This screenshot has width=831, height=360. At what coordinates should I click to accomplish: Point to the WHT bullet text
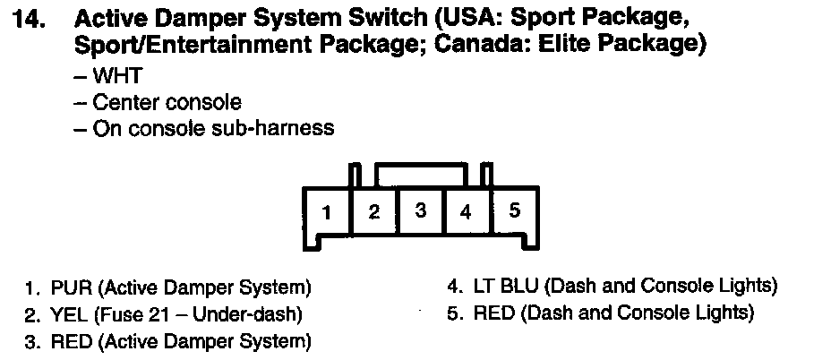click(118, 78)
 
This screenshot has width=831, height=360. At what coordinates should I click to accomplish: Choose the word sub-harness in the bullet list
click(278, 128)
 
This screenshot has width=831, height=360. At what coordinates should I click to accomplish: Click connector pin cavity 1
click(328, 213)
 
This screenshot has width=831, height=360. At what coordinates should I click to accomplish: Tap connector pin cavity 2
click(375, 212)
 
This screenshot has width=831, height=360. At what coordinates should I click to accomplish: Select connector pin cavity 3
click(421, 211)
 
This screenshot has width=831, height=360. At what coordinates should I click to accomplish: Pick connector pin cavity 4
click(466, 212)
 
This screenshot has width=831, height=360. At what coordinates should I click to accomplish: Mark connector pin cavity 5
click(515, 211)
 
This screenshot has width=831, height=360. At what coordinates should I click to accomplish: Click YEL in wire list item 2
click(68, 315)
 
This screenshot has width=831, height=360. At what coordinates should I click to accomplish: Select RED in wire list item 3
click(69, 341)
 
